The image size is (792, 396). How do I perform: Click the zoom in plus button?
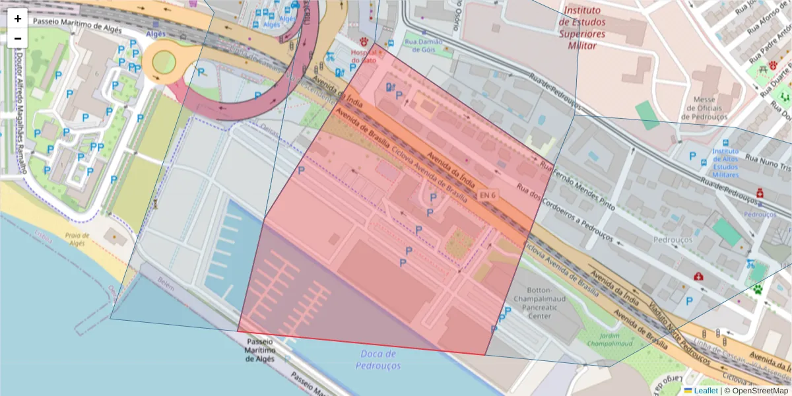point(18,18)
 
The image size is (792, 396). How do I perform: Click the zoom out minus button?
point(18,38)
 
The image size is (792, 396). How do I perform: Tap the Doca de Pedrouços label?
point(378,360)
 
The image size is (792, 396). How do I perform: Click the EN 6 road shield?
point(488,195)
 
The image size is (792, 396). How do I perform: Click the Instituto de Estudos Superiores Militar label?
point(582,28)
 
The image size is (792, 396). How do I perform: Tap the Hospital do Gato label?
point(364,56)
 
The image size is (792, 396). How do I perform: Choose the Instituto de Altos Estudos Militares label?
point(734,162)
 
